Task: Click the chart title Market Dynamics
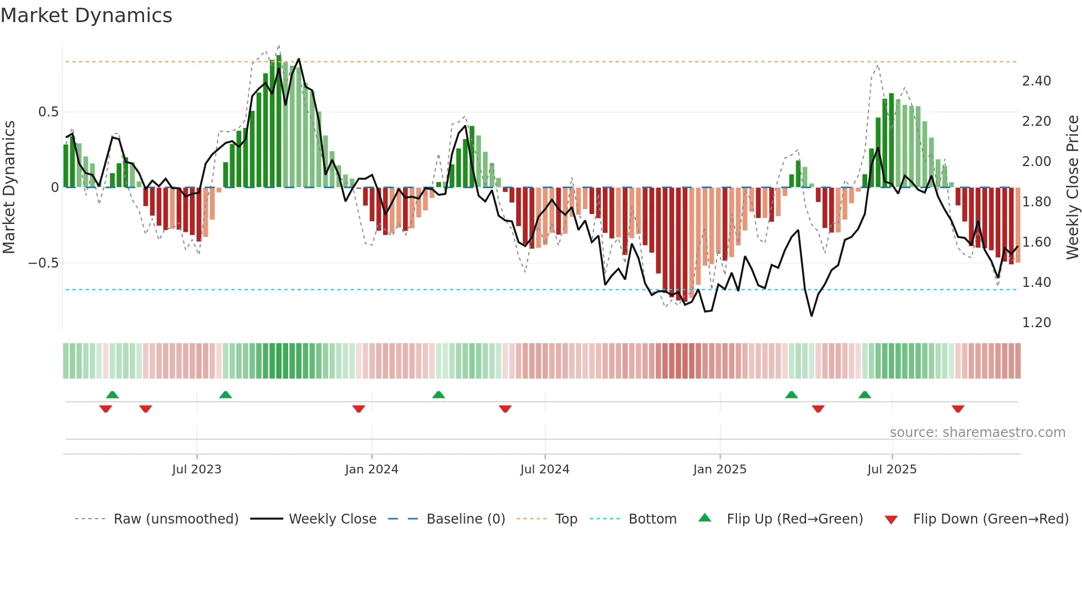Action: (x=87, y=15)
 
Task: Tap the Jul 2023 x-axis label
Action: (x=197, y=470)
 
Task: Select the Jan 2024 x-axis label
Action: (x=372, y=470)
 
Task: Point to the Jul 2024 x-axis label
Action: (x=545, y=470)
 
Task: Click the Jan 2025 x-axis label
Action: (x=720, y=470)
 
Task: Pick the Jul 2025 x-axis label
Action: (x=892, y=470)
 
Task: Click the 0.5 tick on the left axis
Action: (x=48, y=112)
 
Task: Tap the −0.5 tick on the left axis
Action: (x=44, y=263)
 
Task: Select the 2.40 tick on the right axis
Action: (x=1036, y=81)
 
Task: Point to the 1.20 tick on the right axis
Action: (x=1036, y=323)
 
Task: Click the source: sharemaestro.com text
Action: (x=977, y=433)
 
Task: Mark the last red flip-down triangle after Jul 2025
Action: (x=958, y=409)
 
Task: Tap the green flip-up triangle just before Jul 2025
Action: (x=864, y=394)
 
